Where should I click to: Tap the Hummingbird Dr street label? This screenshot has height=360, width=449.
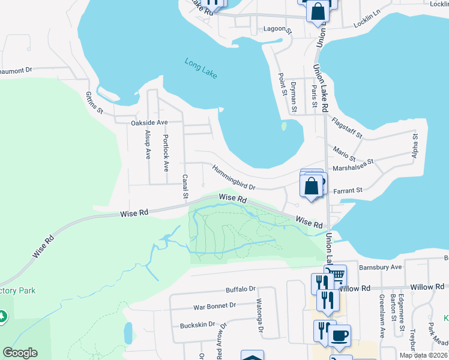[234, 179]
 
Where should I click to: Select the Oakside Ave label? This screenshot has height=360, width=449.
[149, 122]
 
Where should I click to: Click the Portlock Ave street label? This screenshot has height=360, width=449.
[166, 152]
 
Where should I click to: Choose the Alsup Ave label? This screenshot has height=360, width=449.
[148, 144]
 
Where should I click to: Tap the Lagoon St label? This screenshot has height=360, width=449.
[277, 29]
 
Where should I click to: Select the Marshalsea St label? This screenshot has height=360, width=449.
[353, 164]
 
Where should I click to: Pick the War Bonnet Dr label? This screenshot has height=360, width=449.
[214, 305]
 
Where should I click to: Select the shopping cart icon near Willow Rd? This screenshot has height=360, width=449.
[336, 275]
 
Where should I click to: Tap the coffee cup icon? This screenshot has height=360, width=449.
[340, 335]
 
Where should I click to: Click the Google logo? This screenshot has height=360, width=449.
[20, 353]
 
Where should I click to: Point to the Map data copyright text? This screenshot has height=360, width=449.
[424, 355]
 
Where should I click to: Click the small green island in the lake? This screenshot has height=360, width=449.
[283, 126]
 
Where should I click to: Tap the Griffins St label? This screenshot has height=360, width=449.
[95, 103]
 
